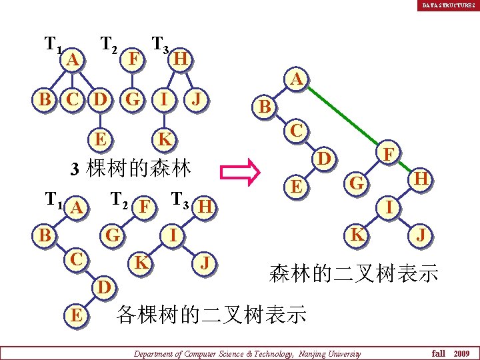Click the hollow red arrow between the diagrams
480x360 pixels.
pyautogui.click(x=244, y=170)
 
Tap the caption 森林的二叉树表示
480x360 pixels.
pyautogui.click(x=353, y=273)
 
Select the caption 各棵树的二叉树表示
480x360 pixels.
pyautogui.click(x=211, y=314)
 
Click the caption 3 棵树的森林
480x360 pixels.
pyautogui.click(x=131, y=167)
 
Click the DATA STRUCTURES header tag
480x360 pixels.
pyautogui.click(x=448, y=5)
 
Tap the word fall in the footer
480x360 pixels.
pyautogui.click(x=438, y=353)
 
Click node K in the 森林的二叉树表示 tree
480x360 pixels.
pyautogui.click(x=357, y=234)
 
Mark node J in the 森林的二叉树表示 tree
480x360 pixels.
pyautogui.click(x=420, y=235)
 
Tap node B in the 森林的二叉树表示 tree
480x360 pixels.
pyautogui.click(x=265, y=106)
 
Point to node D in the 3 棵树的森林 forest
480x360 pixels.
pyautogui.click(x=100, y=101)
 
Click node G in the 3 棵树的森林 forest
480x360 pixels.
pyautogui.click(x=133, y=101)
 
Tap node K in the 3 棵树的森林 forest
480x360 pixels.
pyautogui.click(x=163, y=139)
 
